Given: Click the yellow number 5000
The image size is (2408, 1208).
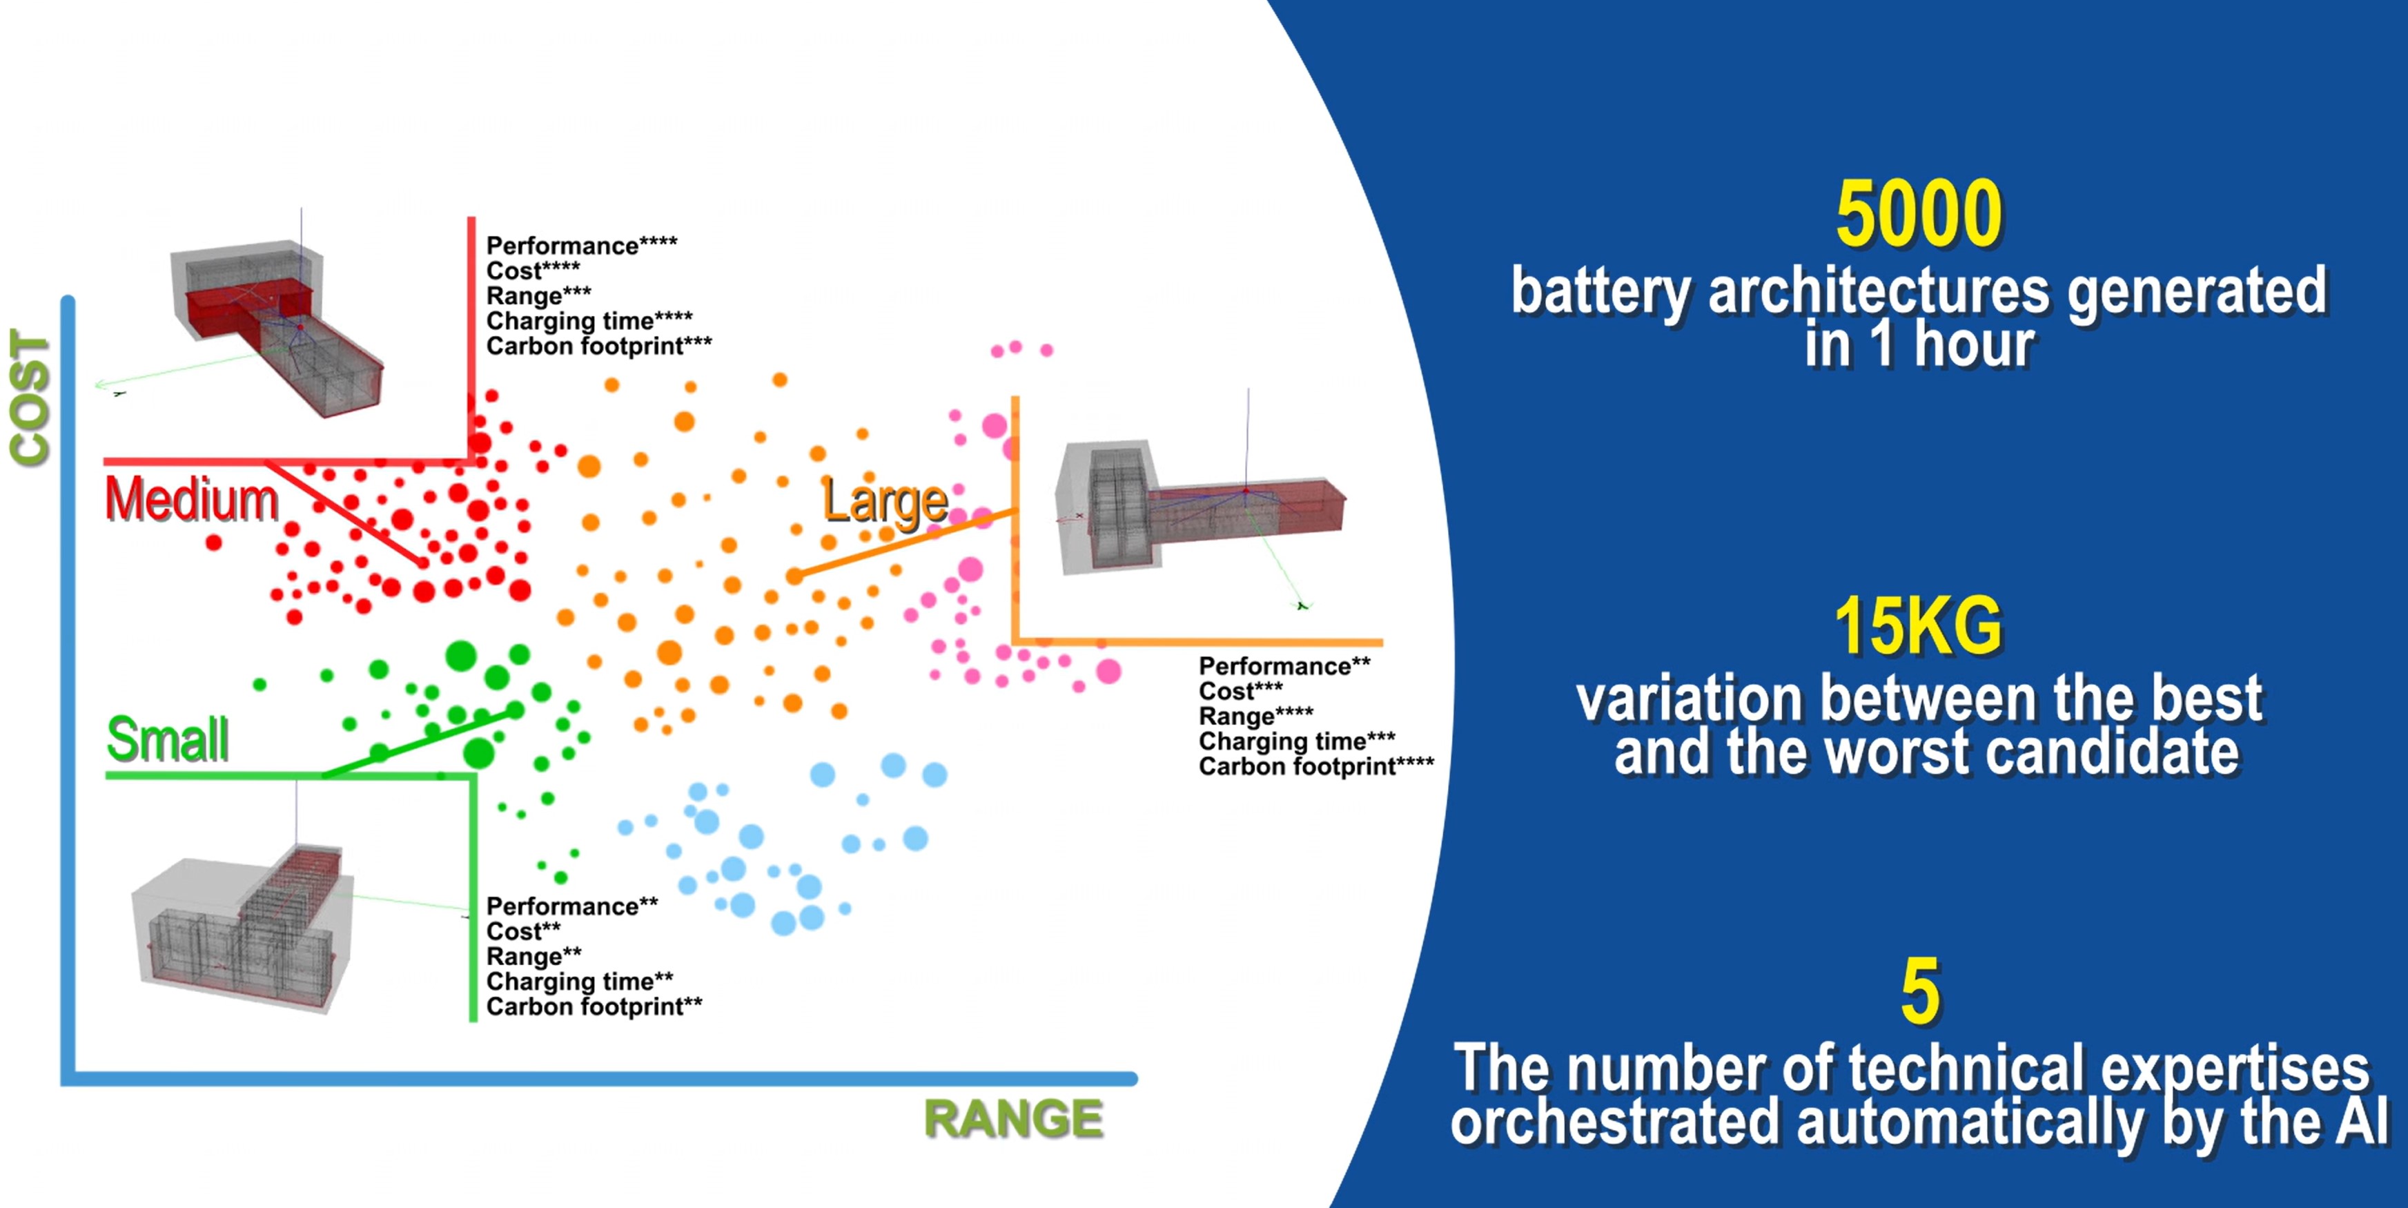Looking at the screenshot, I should [1918, 215].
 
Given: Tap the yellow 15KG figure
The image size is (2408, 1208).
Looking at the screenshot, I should [1917, 627].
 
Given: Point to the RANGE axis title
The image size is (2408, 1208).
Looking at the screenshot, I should [1013, 1119].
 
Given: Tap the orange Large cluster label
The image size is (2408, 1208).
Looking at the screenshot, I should [884, 502].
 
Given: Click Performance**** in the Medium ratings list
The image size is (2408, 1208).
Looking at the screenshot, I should [581, 245].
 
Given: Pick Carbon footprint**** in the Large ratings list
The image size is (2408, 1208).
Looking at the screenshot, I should [1315, 767].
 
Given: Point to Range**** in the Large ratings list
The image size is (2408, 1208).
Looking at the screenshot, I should [1255, 717].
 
